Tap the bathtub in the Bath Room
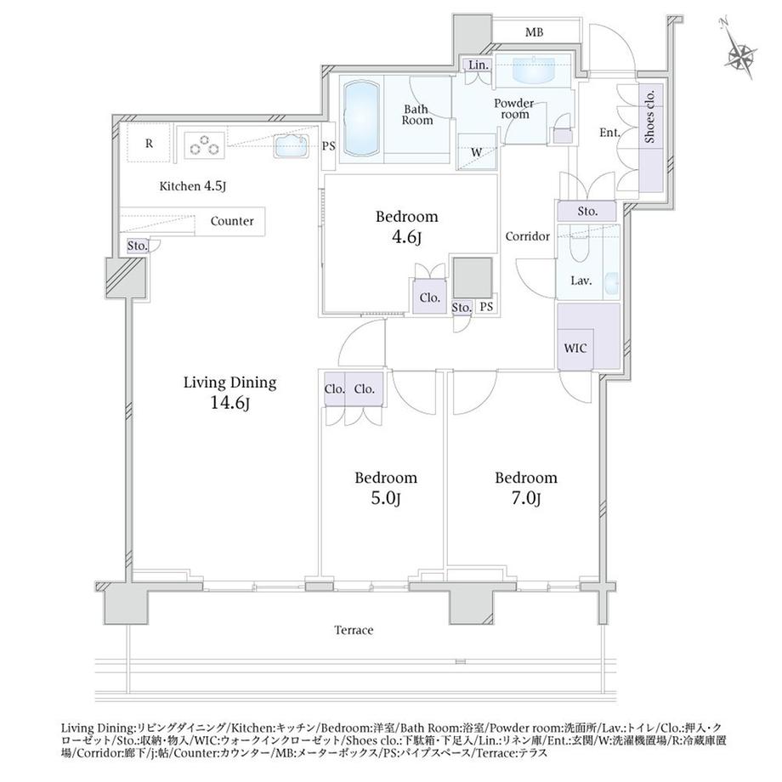click(361, 119)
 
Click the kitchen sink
click(292, 146)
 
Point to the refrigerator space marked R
click(149, 144)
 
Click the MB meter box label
click(534, 33)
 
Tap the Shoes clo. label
click(650, 116)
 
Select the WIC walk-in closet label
click(575, 348)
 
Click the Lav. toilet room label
click(581, 281)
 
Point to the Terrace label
click(354, 631)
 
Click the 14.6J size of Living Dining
click(229, 403)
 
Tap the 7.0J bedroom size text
click(525, 498)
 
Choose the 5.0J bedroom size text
click(386, 498)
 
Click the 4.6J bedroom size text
click(407, 237)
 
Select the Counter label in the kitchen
click(232, 221)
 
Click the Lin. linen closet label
click(479, 65)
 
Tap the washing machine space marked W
click(477, 152)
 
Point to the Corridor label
click(528, 236)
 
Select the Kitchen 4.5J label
click(192, 186)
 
